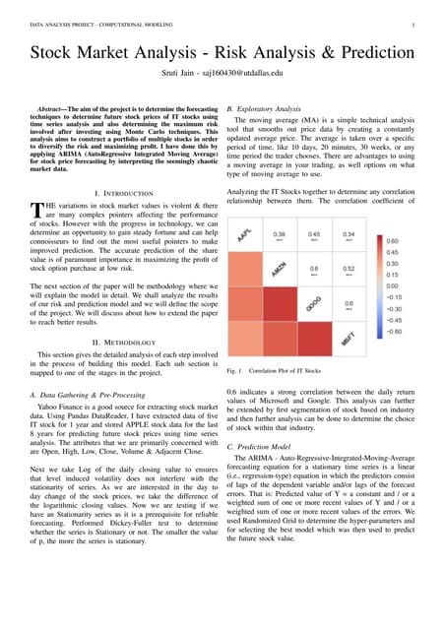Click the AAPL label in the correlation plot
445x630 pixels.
[244, 205]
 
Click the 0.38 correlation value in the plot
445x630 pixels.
[280, 208]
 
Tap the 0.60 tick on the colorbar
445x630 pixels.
[393, 213]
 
